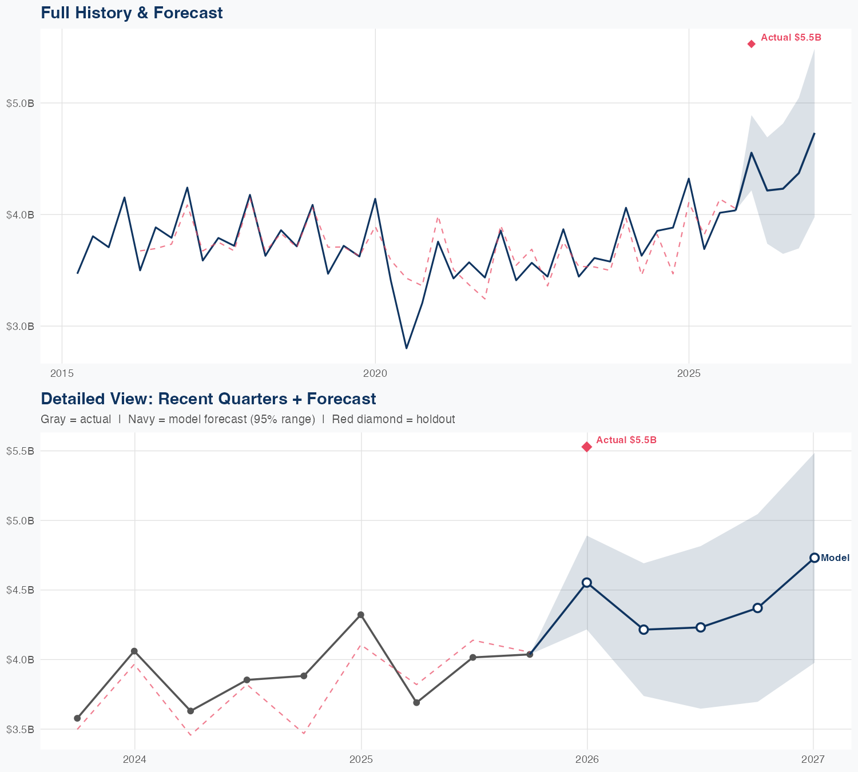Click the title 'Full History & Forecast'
(x=132, y=13)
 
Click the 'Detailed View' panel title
(x=208, y=399)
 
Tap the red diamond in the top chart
(x=752, y=44)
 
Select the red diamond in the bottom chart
(x=587, y=447)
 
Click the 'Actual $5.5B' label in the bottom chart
(x=626, y=440)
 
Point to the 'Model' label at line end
(x=835, y=558)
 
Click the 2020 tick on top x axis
(x=375, y=374)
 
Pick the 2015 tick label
(x=62, y=374)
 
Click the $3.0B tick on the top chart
(x=21, y=326)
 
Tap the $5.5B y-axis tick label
(x=21, y=451)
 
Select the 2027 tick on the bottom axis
(x=813, y=759)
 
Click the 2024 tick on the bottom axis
(x=134, y=759)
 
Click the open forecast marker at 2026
(x=587, y=582)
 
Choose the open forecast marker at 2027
(x=814, y=558)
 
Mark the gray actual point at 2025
(x=361, y=615)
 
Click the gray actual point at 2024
(x=134, y=651)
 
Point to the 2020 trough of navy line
(x=406, y=348)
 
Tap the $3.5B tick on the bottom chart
(x=21, y=729)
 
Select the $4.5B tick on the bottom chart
(x=21, y=590)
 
